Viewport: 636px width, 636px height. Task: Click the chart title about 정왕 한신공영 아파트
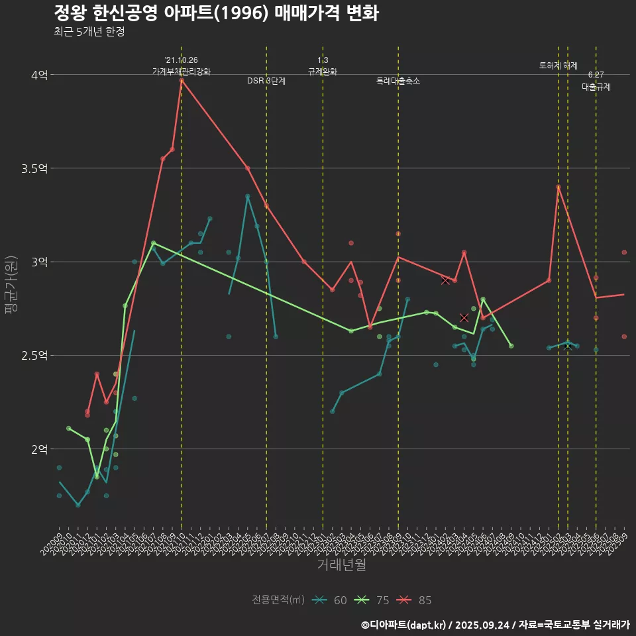click(x=216, y=13)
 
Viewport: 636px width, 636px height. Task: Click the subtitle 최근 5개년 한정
click(x=89, y=32)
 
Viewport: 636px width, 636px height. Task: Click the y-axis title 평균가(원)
click(x=11, y=285)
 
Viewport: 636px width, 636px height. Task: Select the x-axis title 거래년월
click(x=341, y=565)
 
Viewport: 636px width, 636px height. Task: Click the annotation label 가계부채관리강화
click(x=182, y=71)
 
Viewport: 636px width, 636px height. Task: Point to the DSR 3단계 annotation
click(x=266, y=81)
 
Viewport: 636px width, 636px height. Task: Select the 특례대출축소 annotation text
click(x=398, y=81)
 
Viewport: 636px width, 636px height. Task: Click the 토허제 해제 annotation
click(x=558, y=66)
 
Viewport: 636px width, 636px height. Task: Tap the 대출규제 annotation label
click(x=596, y=87)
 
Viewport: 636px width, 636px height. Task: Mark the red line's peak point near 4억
click(x=182, y=80)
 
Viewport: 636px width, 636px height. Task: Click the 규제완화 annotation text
click(x=323, y=71)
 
